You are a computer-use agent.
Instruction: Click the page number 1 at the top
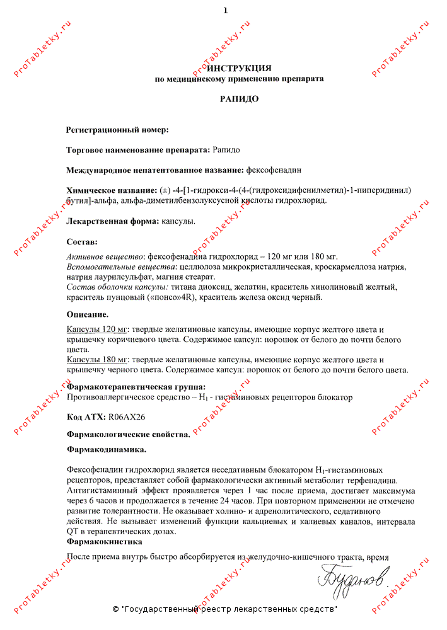(225, 11)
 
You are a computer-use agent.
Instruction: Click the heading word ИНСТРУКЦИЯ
(240, 68)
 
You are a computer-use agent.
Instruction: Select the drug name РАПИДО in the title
(240, 99)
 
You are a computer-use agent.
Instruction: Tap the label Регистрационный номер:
(117, 130)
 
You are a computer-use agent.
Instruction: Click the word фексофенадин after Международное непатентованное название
(274, 170)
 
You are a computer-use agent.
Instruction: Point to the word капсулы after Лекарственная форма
(178, 221)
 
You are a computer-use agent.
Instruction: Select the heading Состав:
(82, 241)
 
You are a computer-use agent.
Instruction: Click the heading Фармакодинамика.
(107, 450)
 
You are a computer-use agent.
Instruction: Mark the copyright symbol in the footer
(115, 609)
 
